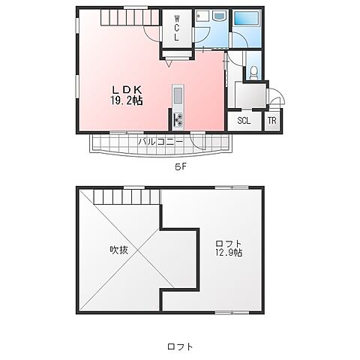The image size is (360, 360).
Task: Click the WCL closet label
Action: tap(177, 28)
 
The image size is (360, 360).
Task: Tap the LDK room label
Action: tap(127, 89)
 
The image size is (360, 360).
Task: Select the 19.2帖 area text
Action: tap(127, 100)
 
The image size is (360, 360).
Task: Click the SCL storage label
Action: tap(244, 121)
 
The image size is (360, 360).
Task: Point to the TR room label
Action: tap(272, 121)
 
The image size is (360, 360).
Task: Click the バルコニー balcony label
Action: tap(161, 142)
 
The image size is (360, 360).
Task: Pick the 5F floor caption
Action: tap(181, 166)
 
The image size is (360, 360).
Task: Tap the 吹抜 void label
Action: tap(119, 250)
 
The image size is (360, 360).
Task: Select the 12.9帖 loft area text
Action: tap(229, 253)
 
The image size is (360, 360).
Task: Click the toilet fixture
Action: tap(253, 72)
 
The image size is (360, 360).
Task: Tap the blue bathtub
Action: tap(247, 18)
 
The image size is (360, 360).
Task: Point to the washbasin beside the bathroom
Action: tap(219, 16)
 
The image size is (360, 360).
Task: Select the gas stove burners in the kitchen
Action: tap(178, 120)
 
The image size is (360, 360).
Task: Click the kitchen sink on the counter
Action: tap(178, 96)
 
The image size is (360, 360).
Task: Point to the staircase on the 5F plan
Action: tap(130, 17)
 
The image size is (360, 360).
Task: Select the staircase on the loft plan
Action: tap(127, 196)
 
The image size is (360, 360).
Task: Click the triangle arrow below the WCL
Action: tap(169, 64)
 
